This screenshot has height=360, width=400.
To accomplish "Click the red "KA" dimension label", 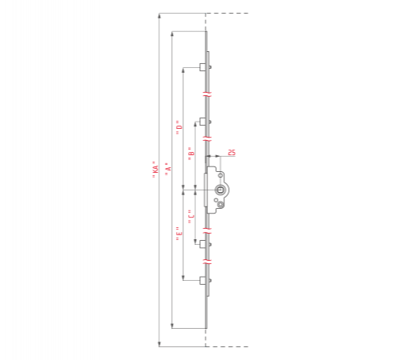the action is click(155, 170).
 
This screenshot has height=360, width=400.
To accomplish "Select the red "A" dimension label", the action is click(168, 169).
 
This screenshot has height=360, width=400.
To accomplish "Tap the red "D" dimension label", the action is click(179, 127).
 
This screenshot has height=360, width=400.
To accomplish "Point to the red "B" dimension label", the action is click(191, 154).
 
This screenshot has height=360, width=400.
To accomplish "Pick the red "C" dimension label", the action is click(191, 217).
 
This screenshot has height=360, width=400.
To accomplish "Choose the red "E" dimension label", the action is click(179, 234).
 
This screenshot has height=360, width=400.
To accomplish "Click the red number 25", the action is click(232, 153).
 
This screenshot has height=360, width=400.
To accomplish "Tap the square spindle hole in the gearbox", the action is click(220, 190).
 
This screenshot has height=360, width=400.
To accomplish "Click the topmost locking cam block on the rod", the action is click(202, 67).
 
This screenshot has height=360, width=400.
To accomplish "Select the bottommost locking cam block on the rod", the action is click(202, 281).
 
